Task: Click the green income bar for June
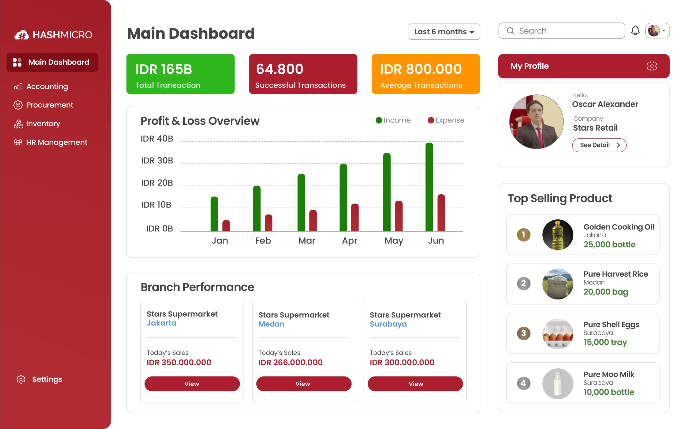pyautogui.click(x=429, y=187)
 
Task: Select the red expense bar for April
pyautogui.click(x=355, y=218)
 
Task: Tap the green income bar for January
pyautogui.click(x=214, y=214)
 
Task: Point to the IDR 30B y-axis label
pyautogui.click(x=157, y=161)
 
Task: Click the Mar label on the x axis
pyautogui.click(x=307, y=241)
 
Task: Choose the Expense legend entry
pyautogui.click(x=446, y=120)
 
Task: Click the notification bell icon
pyautogui.click(x=635, y=31)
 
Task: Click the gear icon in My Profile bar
pyautogui.click(x=651, y=66)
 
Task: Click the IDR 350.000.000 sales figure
pyautogui.click(x=179, y=362)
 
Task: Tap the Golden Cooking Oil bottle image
pyautogui.click(x=558, y=235)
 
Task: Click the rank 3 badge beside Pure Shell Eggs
pyautogui.click(x=523, y=333)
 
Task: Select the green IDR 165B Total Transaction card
pyautogui.click(x=180, y=74)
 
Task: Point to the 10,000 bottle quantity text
pyautogui.click(x=609, y=392)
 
